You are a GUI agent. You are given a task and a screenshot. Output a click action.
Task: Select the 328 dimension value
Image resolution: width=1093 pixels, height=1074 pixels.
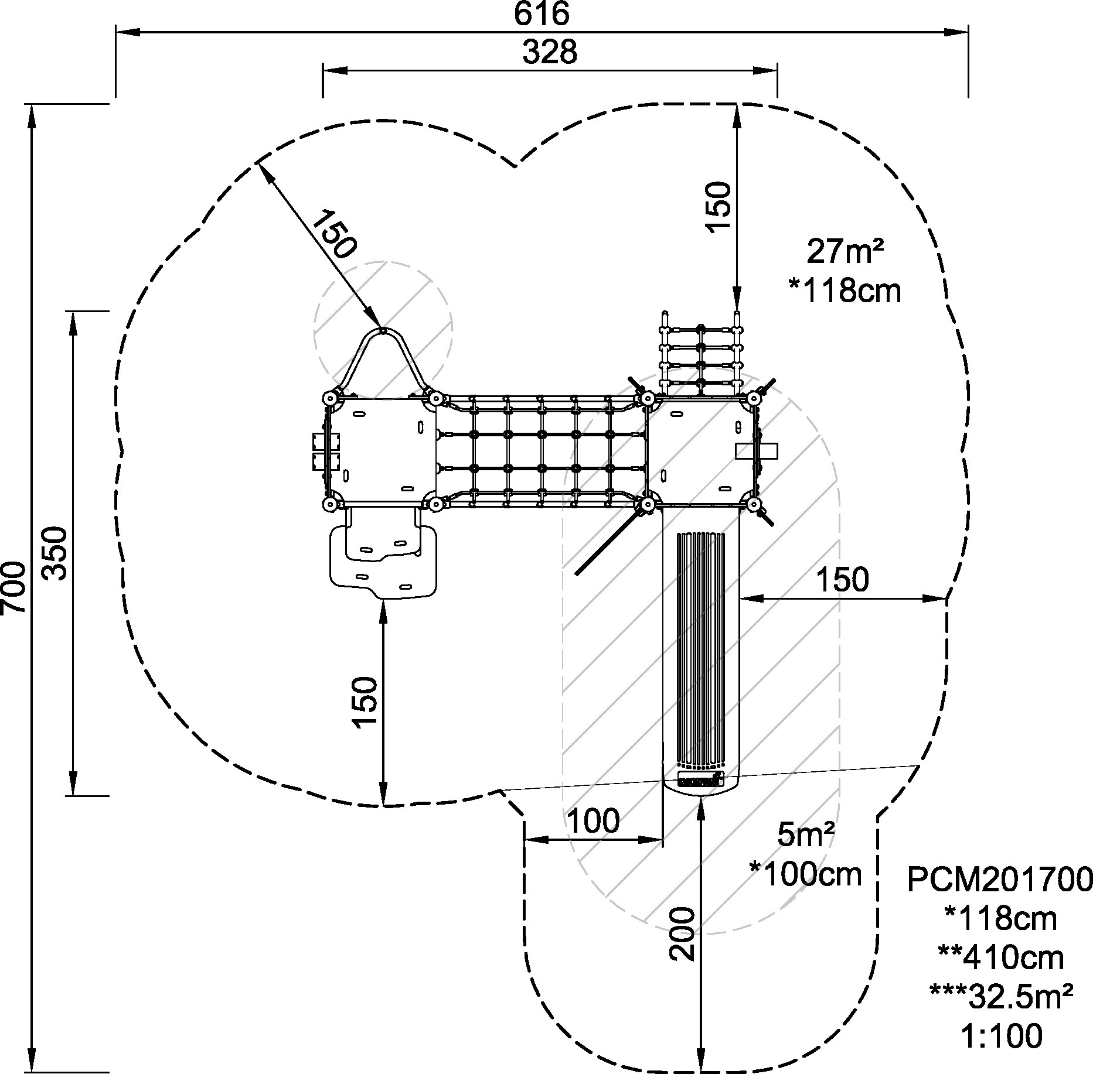550,52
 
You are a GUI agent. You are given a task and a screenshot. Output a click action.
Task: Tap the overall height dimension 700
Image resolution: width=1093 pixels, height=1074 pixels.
13,587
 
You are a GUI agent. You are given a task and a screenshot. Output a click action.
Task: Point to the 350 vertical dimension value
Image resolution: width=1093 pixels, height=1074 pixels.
56,553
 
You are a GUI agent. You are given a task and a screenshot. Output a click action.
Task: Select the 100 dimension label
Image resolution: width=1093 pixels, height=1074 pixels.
594,821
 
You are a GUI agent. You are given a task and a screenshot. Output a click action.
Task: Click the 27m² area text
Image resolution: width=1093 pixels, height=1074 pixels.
845,252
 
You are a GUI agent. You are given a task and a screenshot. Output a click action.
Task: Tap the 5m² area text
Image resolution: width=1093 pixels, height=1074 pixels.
806,836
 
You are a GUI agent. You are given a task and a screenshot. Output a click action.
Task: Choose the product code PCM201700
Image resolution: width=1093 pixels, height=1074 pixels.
1000,879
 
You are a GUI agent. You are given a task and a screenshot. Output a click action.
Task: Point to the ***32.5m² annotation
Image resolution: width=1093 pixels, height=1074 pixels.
1001,996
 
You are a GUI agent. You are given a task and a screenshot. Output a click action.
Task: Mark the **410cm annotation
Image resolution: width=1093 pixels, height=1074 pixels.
1001,957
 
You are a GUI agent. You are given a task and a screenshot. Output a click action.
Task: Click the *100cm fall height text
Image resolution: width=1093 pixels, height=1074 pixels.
806,875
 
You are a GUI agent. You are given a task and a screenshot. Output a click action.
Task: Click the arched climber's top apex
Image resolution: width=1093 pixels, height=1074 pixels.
383,331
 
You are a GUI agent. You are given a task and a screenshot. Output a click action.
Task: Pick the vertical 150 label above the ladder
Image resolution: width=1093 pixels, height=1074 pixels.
720,207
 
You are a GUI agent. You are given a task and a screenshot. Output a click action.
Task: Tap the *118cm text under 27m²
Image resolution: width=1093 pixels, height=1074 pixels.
845,291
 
